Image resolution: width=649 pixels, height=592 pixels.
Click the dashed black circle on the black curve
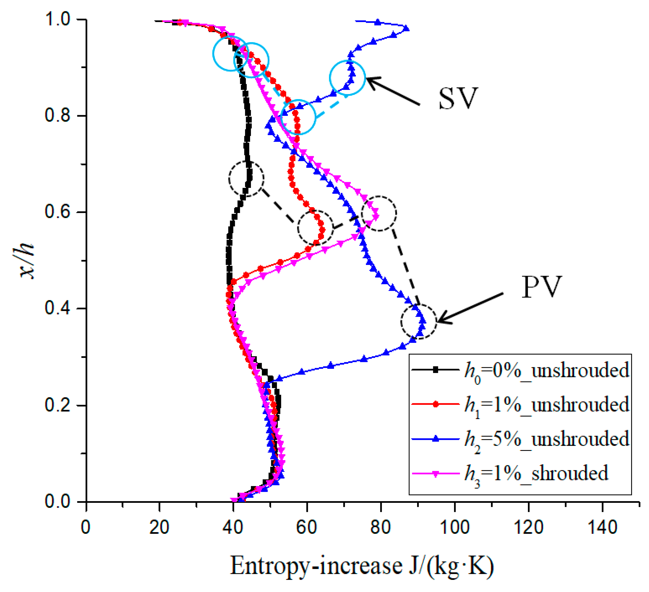click(246, 179)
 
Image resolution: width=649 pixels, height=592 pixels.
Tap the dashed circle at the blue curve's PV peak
click(418, 321)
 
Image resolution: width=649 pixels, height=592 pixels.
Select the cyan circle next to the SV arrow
click(347, 78)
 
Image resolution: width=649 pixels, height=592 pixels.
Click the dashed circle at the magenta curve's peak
click(379, 213)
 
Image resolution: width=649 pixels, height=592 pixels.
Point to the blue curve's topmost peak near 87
click(407, 28)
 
